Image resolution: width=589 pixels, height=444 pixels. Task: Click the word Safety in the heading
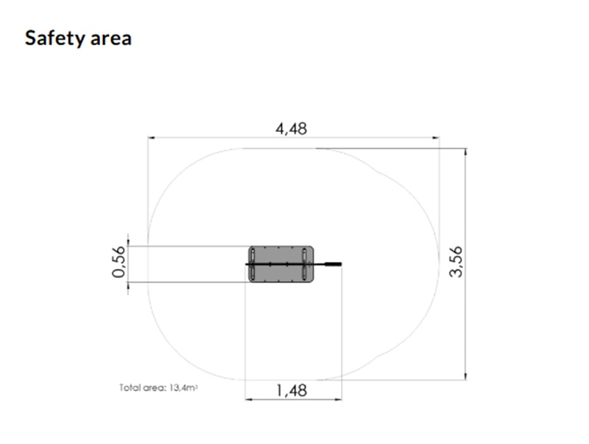pos(54,38)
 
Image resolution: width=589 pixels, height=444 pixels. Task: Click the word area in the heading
pos(111,39)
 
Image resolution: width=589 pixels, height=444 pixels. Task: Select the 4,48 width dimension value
pos(291,128)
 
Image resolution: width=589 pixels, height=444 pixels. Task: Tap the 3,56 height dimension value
pos(456,262)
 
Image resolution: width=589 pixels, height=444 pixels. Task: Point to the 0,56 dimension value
pos(119,262)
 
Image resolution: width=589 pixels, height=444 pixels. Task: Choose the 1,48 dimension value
pos(292,391)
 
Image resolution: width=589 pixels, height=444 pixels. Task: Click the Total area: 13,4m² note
pos(158,387)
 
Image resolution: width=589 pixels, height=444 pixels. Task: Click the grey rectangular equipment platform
pos(281,264)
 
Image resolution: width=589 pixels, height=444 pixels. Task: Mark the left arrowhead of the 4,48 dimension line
pos(151,138)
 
